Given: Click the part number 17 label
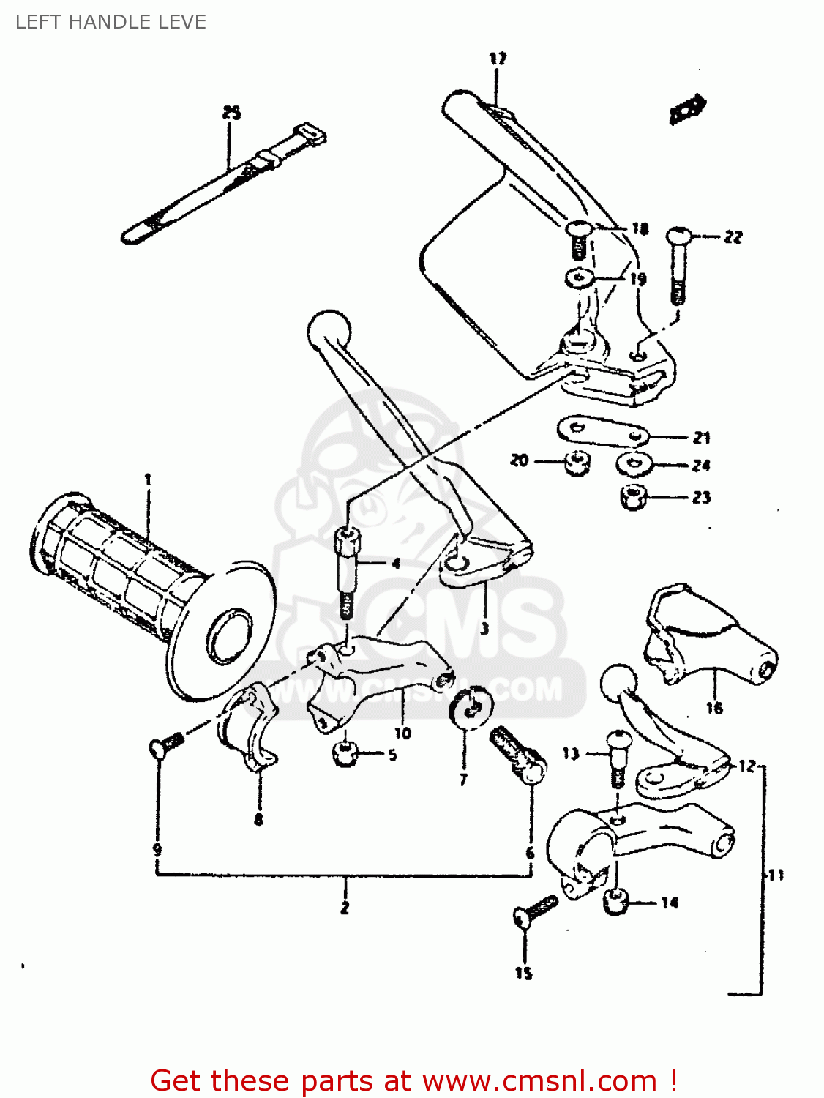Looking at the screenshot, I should [498, 59].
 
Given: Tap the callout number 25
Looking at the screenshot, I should [231, 113].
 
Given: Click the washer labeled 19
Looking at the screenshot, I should [580, 279].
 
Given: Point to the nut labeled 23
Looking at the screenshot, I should [633, 498].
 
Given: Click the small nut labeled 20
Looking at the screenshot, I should [577, 462].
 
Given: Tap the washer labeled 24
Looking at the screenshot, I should [634, 464].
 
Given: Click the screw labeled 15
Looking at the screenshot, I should [534, 912].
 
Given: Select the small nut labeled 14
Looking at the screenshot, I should [617, 903].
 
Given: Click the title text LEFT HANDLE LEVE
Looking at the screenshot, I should [111, 22].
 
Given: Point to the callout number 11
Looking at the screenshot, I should [776, 875].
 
